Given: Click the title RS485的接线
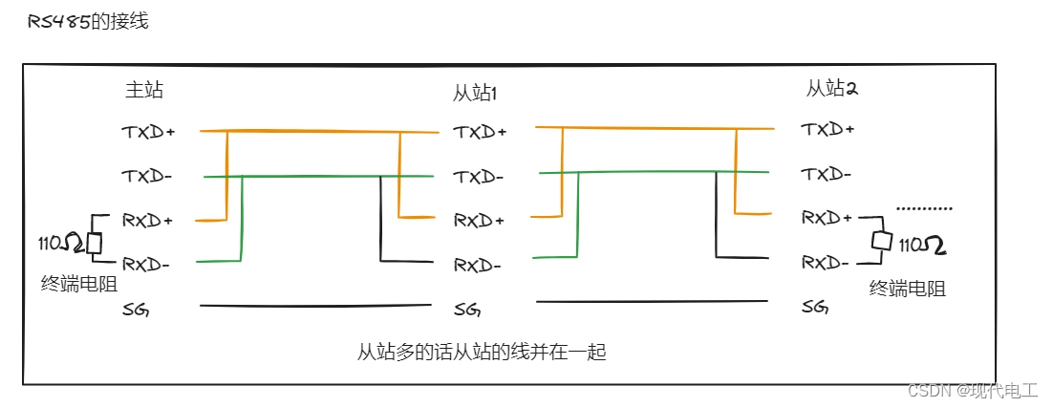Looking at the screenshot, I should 89,21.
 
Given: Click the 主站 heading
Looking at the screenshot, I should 144,90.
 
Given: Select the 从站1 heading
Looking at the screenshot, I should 475,93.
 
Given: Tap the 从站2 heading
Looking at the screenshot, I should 831,89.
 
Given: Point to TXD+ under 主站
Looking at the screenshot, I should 148,132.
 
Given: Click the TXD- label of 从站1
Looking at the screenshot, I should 478,177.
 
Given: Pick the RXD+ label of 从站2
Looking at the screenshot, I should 827,218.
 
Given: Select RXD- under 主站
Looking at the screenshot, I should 146,264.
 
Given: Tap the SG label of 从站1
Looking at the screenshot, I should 467,310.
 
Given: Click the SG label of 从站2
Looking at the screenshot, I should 815,307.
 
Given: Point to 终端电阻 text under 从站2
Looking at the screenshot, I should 908,288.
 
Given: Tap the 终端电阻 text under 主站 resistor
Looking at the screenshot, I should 79,283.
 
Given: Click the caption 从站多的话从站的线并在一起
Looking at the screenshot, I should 482,352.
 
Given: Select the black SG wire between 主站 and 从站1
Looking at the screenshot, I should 315,306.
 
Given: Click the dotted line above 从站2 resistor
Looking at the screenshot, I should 924,207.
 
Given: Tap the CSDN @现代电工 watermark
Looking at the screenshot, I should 973,390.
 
